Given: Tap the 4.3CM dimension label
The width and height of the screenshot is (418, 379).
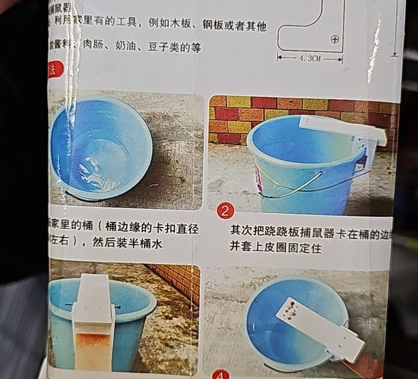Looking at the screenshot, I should [309, 59].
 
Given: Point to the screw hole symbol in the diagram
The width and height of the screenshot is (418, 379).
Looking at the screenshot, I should [334, 39].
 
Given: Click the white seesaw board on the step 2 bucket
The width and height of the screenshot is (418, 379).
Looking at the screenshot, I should [343, 128].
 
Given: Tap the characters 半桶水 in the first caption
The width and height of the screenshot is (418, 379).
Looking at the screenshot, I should [146, 244].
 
